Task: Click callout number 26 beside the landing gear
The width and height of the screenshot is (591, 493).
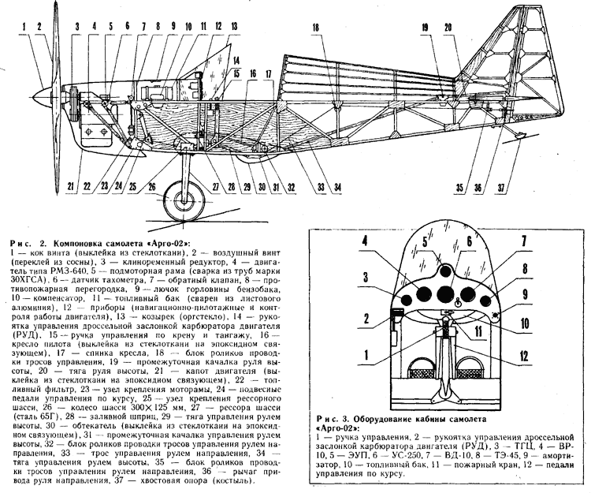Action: tap(152, 186)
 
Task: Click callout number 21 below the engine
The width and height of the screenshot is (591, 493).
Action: tap(73, 186)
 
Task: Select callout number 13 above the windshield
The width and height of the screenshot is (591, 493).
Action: tap(235, 25)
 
